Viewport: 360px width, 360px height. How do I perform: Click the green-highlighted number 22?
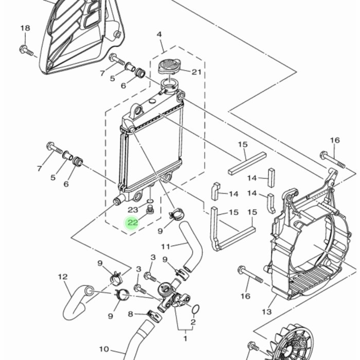click(133, 223)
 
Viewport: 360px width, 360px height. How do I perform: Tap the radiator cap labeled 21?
click(170, 66)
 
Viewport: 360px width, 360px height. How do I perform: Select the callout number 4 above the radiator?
click(159, 34)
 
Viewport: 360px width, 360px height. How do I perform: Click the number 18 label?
click(25, 28)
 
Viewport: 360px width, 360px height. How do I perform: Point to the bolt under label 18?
click(26, 51)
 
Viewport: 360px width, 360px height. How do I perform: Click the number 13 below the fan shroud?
click(266, 312)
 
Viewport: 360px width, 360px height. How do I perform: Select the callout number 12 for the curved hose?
click(63, 277)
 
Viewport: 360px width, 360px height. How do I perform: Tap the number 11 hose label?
click(166, 246)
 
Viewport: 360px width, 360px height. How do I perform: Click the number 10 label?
click(104, 349)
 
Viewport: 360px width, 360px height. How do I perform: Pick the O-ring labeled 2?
click(195, 309)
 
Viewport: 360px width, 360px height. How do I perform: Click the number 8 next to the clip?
click(131, 314)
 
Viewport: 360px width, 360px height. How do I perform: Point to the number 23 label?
click(133, 210)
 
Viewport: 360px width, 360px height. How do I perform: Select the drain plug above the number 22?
click(150, 210)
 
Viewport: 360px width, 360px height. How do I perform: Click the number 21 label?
click(196, 72)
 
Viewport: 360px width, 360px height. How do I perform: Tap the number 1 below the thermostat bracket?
click(185, 338)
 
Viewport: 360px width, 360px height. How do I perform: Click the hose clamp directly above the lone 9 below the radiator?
click(176, 213)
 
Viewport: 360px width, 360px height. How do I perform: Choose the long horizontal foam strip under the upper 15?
click(247, 164)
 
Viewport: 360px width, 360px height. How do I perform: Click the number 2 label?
click(193, 322)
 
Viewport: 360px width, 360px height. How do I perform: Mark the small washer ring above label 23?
click(150, 201)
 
